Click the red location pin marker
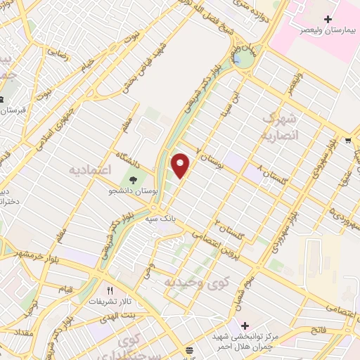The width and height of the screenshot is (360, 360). click(181, 165)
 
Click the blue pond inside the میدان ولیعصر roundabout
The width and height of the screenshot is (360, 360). click(244, 60)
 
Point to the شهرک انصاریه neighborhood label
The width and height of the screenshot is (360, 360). click(279, 124)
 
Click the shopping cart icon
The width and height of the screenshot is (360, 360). click(347, 141)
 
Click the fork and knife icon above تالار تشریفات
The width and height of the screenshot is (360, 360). click(109, 290)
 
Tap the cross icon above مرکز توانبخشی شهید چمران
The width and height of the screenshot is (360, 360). click(245, 326)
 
